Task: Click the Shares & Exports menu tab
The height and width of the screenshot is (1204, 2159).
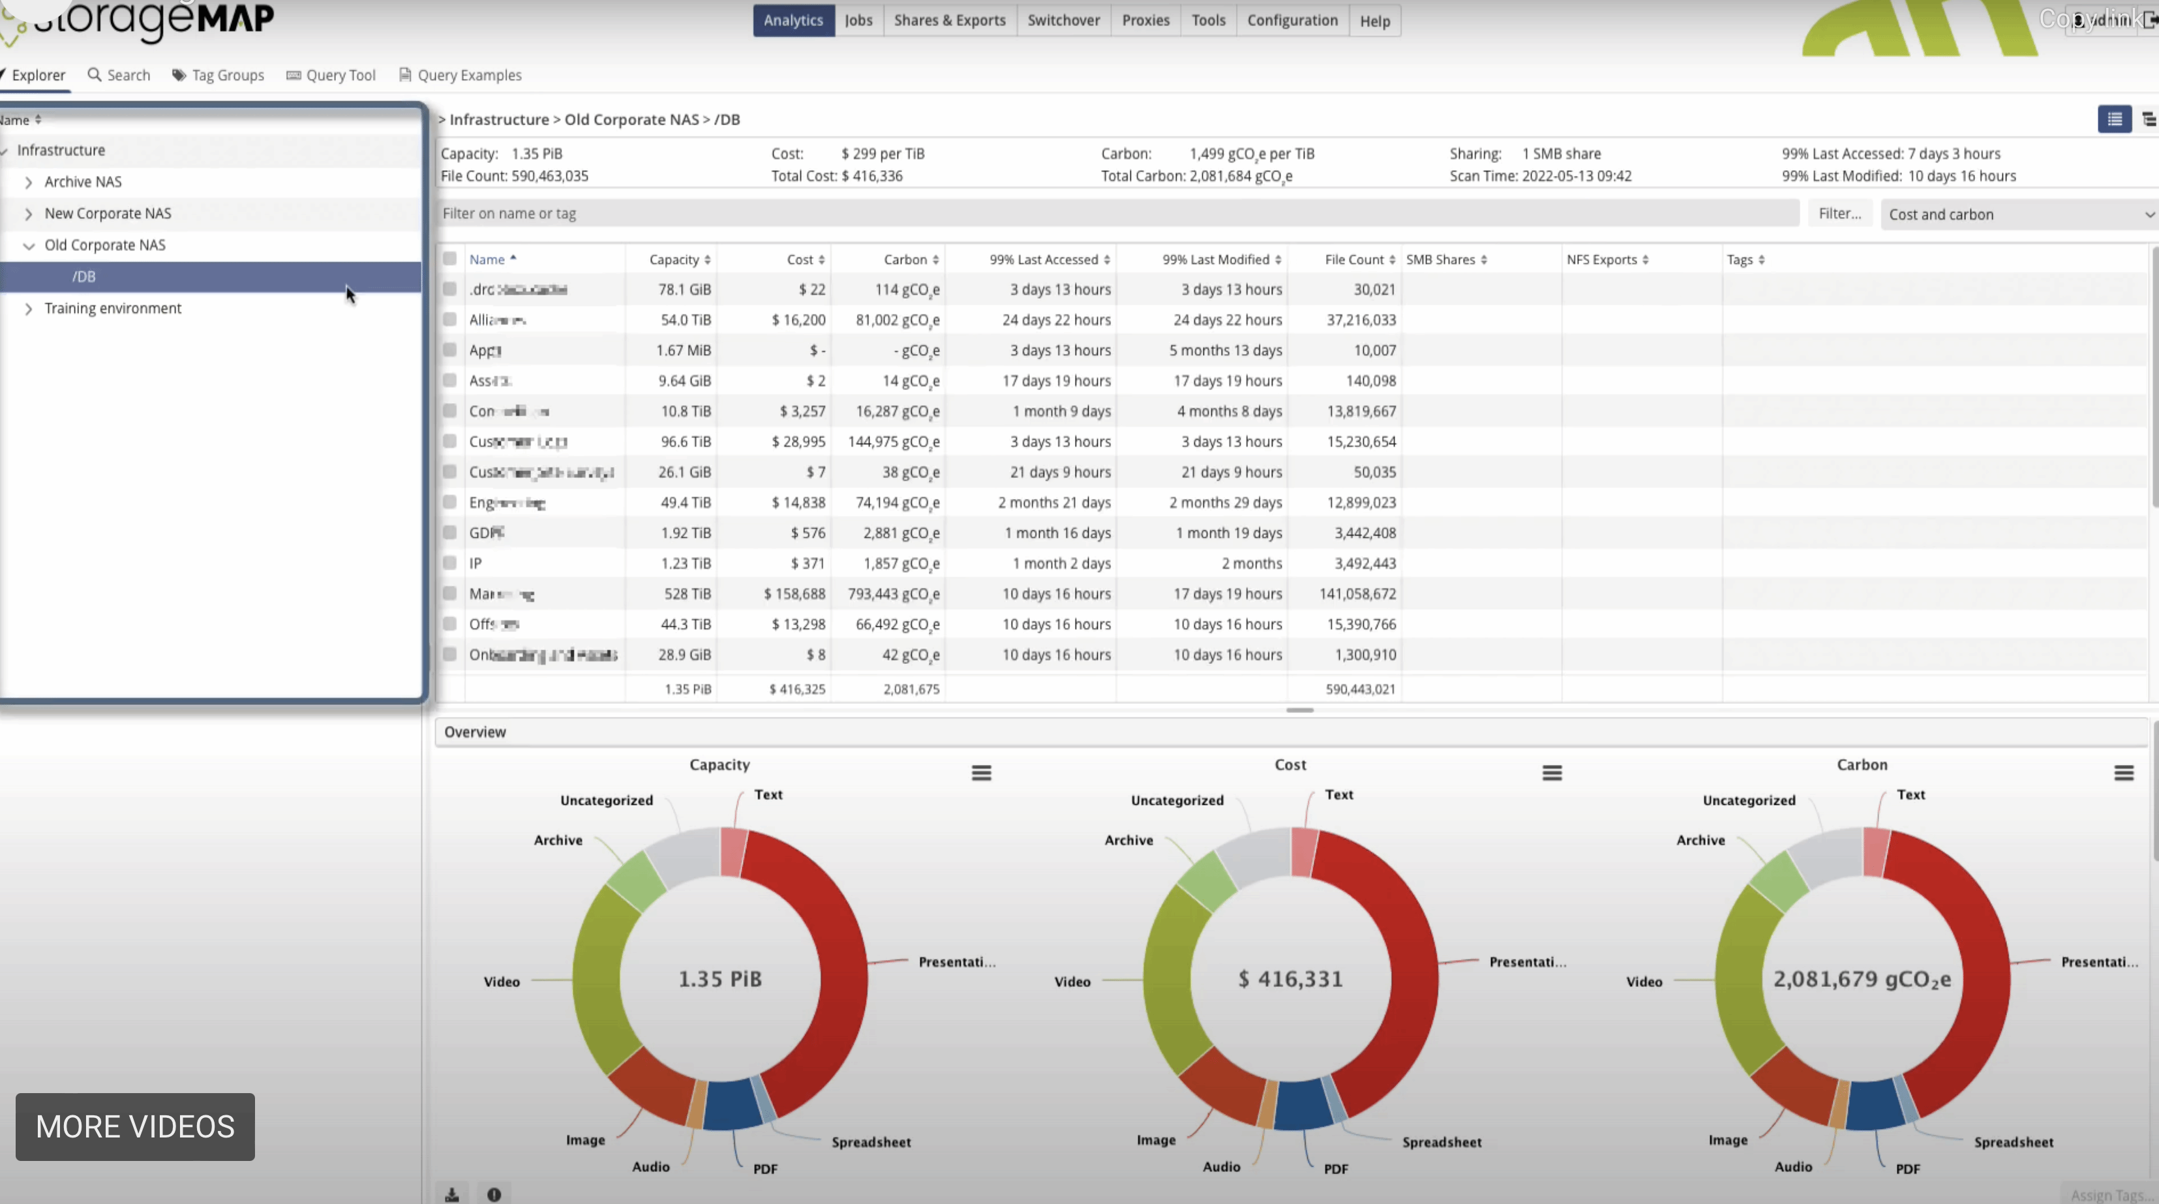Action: (x=950, y=20)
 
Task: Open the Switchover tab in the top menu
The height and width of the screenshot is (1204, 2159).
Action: (x=1064, y=20)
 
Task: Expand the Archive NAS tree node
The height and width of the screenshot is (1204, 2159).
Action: (x=29, y=182)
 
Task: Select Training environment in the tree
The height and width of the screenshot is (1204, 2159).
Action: (x=112, y=309)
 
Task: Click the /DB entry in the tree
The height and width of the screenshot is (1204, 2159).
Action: (x=83, y=277)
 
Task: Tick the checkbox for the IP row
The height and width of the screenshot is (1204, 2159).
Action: (x=450, y=563)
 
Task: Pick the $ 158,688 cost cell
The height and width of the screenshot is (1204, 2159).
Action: (x=794, y=594)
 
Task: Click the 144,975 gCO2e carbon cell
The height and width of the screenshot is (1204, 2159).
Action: (x=894, y=442)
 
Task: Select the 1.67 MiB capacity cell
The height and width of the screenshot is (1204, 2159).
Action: (x=683, y=350)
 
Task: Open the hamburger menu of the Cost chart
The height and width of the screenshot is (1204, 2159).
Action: (x=1551, y=772)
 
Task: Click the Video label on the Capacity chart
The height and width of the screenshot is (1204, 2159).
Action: (x=501, y=981)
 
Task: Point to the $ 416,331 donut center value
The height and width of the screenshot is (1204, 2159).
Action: (x=1291, y=978)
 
